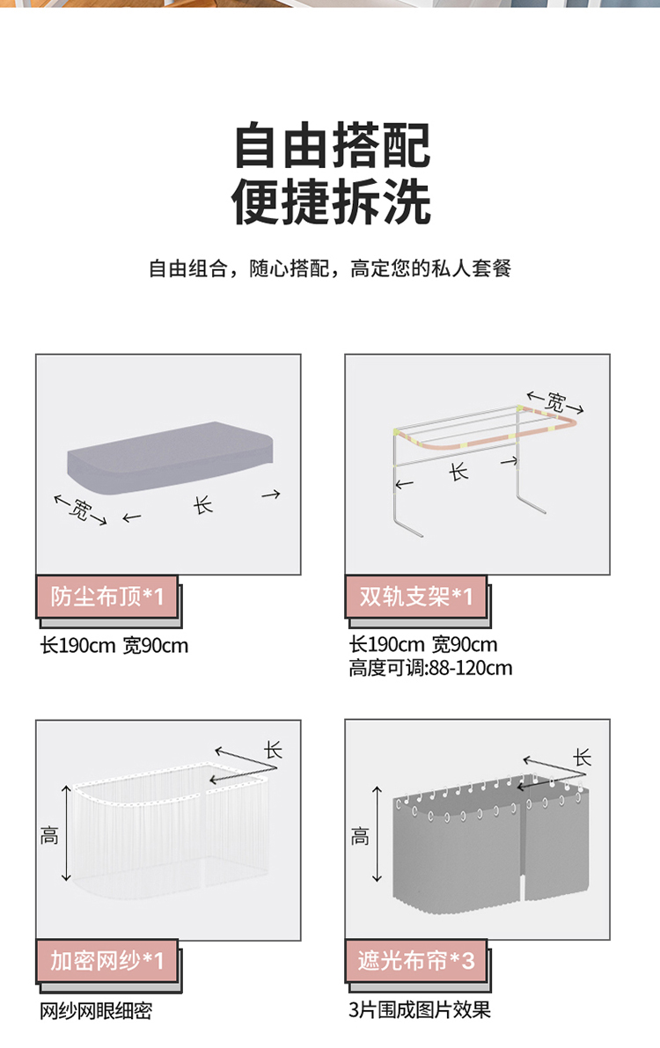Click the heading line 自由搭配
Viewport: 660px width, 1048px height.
click(333, 145)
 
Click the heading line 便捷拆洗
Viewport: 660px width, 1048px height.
click(333, 202)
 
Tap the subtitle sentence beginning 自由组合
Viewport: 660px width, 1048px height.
click(330, 268)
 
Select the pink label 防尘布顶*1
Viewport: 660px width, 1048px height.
click(107, 597)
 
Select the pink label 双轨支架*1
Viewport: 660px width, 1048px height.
click(416, 597)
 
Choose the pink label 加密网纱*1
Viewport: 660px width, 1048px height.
click(107, 960)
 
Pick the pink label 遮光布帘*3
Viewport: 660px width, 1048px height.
click(416, 960)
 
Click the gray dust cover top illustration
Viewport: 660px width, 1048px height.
click(171, 458)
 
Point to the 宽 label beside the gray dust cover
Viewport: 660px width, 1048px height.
click(79, 510)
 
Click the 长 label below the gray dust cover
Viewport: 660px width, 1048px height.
click(202, 504)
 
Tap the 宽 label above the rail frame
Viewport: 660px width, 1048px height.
click(555, 402)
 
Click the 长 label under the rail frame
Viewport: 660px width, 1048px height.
click(458, 473)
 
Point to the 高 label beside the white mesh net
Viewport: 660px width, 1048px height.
click(49, 835)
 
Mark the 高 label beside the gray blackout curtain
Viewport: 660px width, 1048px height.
click(360, 836)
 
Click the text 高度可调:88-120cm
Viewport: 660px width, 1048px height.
click(430, 668)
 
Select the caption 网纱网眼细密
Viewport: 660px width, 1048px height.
click(96, 1011)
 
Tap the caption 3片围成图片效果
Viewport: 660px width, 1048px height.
click(420, 1010)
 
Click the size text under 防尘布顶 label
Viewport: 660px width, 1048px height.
click(114, 646)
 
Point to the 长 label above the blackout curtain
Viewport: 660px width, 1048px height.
click(583, 758)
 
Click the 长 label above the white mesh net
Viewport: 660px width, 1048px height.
click(273, 750)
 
